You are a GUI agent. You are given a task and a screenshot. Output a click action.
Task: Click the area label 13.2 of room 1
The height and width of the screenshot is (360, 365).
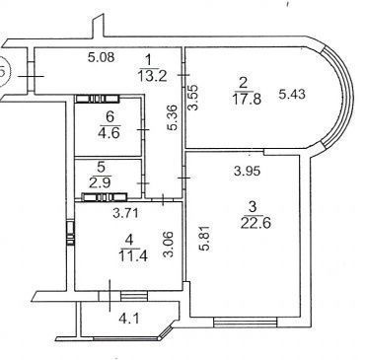click(153, 76)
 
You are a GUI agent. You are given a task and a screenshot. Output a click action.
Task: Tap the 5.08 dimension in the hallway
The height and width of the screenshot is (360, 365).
click(102, 57)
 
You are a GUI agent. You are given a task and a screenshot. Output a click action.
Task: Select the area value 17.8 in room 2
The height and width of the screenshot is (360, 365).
click(248, 99)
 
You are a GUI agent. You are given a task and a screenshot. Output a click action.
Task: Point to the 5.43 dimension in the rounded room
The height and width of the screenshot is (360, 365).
click(292, 95)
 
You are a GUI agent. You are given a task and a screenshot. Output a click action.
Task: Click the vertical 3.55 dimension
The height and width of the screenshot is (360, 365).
click(193, 98)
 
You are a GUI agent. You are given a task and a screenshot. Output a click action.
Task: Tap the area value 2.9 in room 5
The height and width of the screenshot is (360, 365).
click(101, 181)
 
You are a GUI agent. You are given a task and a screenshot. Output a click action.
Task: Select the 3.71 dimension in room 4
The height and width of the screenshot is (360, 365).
click(126, 214)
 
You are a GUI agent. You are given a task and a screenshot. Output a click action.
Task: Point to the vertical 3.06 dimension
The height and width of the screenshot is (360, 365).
click(168, 245)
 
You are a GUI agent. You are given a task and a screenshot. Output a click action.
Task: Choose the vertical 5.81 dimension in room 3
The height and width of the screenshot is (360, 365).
click(206, 238)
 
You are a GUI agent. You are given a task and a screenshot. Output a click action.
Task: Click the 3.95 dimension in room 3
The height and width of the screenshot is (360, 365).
click(247, 171)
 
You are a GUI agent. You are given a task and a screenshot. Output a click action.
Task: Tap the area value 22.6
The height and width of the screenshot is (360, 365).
click(255, 223)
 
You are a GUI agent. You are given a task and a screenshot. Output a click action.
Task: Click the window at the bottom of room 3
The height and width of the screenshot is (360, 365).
click(246, 322)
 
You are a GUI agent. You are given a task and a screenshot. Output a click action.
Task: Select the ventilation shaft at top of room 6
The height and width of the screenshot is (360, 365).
click(98, 99)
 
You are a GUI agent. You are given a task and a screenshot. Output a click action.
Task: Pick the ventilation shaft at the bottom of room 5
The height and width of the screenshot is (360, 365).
click(104, 197)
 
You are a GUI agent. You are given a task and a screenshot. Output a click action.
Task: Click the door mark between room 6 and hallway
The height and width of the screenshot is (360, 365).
click(143, 130)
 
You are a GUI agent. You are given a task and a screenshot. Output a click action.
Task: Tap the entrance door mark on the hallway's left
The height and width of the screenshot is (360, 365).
click(31, 76)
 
